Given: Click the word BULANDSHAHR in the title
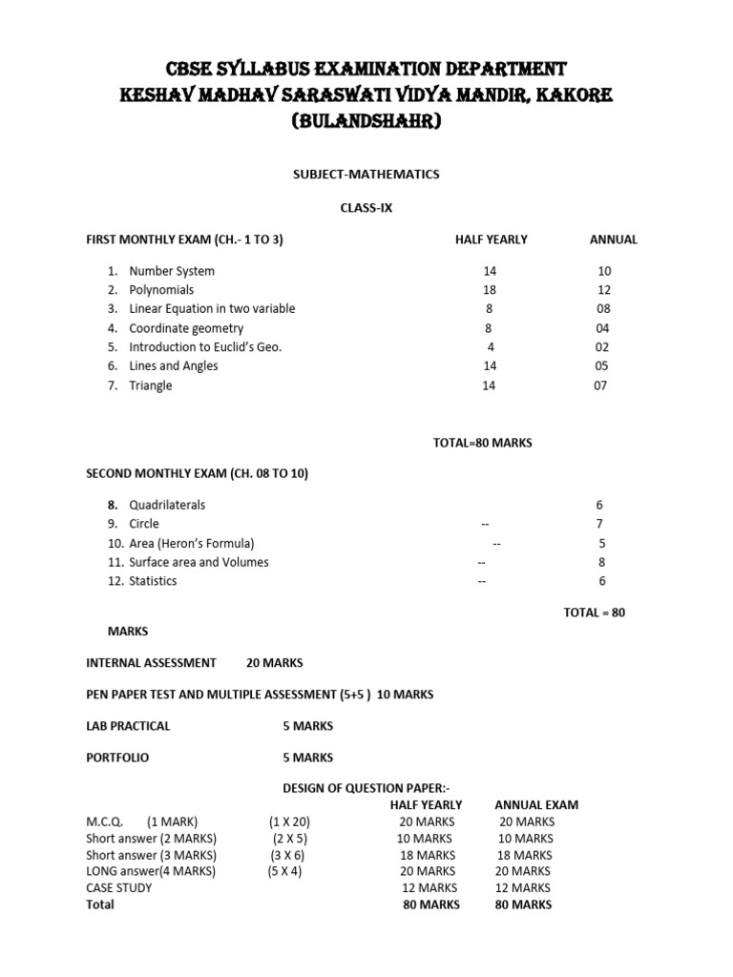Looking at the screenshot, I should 366,123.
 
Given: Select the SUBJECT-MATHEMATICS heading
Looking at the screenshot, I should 366,175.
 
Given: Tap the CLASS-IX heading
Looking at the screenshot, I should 366,207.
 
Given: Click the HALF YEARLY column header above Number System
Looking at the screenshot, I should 491,239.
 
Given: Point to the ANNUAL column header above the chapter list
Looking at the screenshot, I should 614,239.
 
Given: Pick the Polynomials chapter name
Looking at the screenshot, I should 161,290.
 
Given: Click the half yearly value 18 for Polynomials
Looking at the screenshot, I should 490,290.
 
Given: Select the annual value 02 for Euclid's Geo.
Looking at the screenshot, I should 602,347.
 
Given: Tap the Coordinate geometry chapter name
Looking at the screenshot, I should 188,328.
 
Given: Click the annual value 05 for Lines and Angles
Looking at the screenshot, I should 602,366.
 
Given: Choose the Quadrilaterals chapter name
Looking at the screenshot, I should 167,505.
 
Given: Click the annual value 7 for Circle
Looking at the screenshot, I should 599,524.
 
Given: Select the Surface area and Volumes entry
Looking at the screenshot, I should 199,562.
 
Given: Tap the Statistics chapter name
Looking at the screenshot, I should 153,581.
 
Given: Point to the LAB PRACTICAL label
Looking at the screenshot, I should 128,726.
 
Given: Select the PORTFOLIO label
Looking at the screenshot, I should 117,758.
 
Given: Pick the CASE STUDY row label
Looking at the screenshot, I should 119,887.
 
